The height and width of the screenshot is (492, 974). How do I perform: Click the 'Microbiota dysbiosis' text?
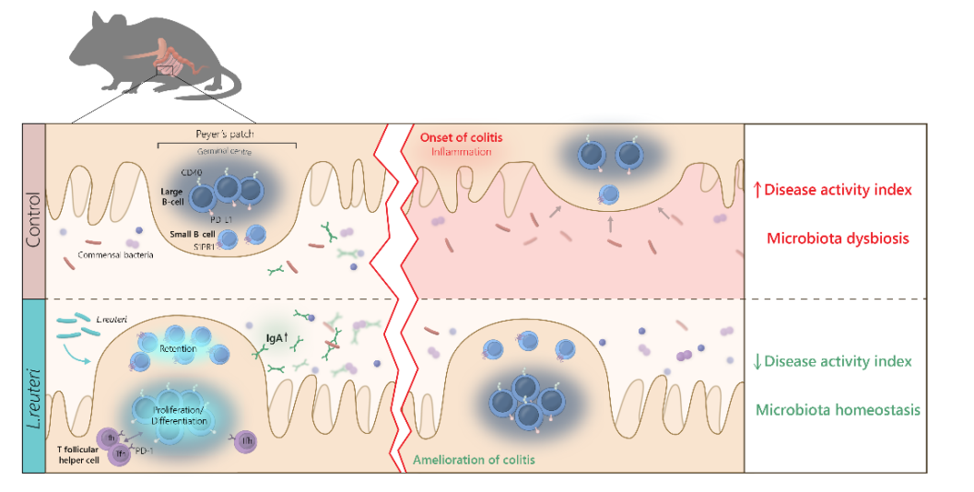click(x=838, y=238)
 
